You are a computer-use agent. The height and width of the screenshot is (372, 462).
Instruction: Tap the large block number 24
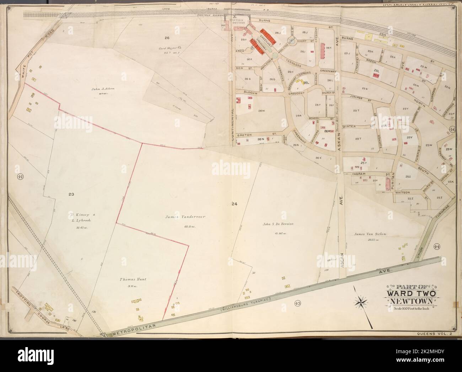point(233,204)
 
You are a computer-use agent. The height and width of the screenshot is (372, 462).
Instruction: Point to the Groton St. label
point(256,134)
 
